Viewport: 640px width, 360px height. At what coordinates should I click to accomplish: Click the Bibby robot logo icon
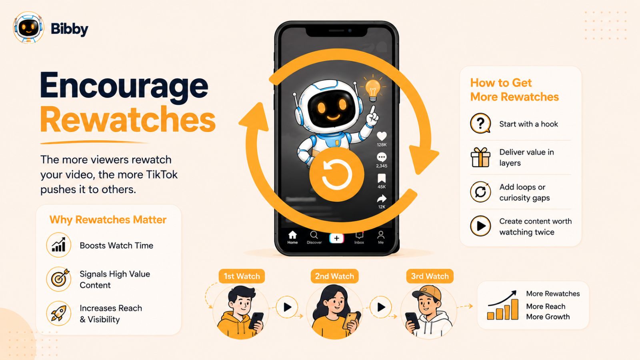[28, 28]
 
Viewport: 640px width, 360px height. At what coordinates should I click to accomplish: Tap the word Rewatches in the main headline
[128, 120]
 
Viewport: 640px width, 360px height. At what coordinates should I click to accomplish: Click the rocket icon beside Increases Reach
[58, 314]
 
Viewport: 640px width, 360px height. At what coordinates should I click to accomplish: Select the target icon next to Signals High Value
[59, 279]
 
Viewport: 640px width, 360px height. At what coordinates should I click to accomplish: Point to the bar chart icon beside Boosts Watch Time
[58, 245]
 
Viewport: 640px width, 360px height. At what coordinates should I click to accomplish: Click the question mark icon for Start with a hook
[480, 124]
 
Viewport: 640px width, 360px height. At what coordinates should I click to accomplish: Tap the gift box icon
[480, 157]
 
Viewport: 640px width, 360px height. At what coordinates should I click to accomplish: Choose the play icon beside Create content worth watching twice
[480, 226]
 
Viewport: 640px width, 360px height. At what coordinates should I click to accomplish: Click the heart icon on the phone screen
[382, 136]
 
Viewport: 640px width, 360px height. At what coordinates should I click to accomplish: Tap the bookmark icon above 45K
[382, 178]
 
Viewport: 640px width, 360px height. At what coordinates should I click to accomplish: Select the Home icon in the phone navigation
[292, 235]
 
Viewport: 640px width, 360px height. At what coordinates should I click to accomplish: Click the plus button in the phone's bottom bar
[336, 238]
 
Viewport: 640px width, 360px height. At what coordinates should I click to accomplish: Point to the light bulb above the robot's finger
[373, 88]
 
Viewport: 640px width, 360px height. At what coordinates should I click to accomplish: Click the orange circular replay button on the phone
[337, 174]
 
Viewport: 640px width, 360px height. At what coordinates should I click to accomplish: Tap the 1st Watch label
[242, 276]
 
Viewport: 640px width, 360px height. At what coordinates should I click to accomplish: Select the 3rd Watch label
[430, 276]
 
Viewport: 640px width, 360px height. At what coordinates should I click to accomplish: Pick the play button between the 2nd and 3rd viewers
[381, 307]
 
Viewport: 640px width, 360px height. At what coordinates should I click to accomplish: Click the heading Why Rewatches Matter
[108, 220]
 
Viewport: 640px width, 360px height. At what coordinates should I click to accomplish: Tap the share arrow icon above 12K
[382, 198]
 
